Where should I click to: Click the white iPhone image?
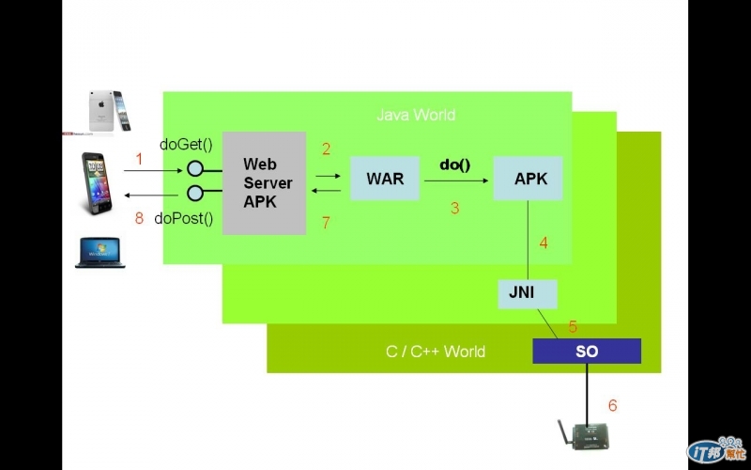tap(107, 111)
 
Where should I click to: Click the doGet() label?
tap(187, 144)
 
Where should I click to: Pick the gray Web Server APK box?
tap(265, 183)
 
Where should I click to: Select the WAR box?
tap(385, 179)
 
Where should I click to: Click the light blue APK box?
tap(528, 179)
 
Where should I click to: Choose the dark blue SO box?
tap(587, 352)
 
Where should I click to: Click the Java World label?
tap(416, 115)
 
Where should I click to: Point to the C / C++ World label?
tap(436, 352)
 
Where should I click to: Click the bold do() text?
tap(455, 164)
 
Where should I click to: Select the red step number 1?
tap(139, 160)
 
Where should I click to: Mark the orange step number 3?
tap(454, 209)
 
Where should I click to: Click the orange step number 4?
tap(543, 243)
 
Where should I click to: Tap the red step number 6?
tap(612, 406)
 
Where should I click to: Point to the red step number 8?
tap(139, 219)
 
